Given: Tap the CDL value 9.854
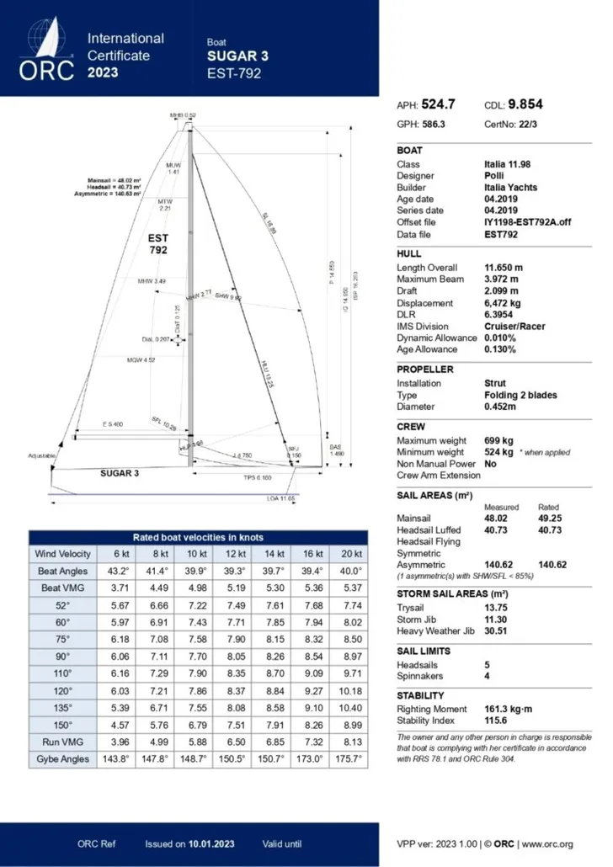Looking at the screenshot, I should [x=525, y=105].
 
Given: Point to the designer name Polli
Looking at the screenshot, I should [x=494, y=176].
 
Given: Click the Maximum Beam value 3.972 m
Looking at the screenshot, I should [x=502, y=279].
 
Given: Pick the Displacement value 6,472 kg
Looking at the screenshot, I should [x=504, y=303].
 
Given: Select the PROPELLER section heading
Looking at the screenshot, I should [x=425, y=370].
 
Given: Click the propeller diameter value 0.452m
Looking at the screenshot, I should [x=502, y=407].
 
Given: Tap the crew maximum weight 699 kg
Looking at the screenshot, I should [x=498, y=440].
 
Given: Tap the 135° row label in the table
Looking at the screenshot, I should [x=58, y=707].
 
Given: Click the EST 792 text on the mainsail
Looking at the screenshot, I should [x=158, y=244].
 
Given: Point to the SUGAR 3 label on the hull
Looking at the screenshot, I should [x=120, y=473].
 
